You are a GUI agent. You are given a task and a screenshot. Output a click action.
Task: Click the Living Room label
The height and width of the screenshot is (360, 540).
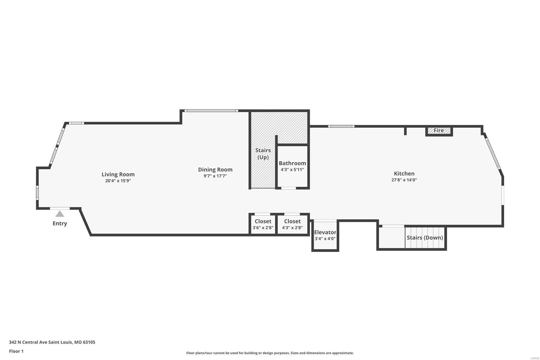[118, 174]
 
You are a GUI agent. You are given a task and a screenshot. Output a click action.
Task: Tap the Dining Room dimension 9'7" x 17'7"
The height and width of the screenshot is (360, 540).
[215, 176]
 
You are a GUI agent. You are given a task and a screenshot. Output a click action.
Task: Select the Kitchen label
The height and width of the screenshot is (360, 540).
[404, 174]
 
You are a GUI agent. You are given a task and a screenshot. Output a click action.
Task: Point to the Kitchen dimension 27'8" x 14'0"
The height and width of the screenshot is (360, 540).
[404, 180]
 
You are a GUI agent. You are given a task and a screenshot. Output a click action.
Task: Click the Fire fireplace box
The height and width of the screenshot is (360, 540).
[439, 131]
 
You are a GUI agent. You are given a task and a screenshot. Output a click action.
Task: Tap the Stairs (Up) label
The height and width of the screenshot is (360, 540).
[263, 154]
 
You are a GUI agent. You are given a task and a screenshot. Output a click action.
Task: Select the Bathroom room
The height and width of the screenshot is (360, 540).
[292, 166]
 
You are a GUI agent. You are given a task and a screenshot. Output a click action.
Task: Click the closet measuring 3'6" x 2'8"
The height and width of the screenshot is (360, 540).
[263, 224]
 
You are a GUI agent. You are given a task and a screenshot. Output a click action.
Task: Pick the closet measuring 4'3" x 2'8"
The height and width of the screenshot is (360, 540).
[292, 224]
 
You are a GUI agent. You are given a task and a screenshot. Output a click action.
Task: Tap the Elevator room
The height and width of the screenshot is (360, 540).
[325, 235]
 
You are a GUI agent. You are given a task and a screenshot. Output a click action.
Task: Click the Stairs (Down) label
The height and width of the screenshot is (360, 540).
[425, 237]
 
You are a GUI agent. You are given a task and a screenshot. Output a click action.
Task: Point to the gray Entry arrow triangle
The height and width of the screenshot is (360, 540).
[60, 214]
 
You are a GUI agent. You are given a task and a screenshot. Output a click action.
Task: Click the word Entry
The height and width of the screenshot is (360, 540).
[60, 223]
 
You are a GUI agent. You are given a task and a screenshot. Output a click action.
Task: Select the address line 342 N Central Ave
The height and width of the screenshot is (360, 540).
[52, 342]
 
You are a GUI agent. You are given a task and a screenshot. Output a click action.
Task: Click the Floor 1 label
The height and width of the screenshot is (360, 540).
[16, 351]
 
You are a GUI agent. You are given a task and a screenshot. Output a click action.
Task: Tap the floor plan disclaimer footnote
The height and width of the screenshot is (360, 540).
[270, 353]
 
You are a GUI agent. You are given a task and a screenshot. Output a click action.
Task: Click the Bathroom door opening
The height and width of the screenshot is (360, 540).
[289, 188]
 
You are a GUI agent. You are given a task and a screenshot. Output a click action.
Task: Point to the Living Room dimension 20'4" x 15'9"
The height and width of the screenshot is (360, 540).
[118, 181]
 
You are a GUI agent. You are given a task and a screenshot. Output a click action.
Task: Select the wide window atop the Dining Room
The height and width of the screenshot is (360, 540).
[211, 110]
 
